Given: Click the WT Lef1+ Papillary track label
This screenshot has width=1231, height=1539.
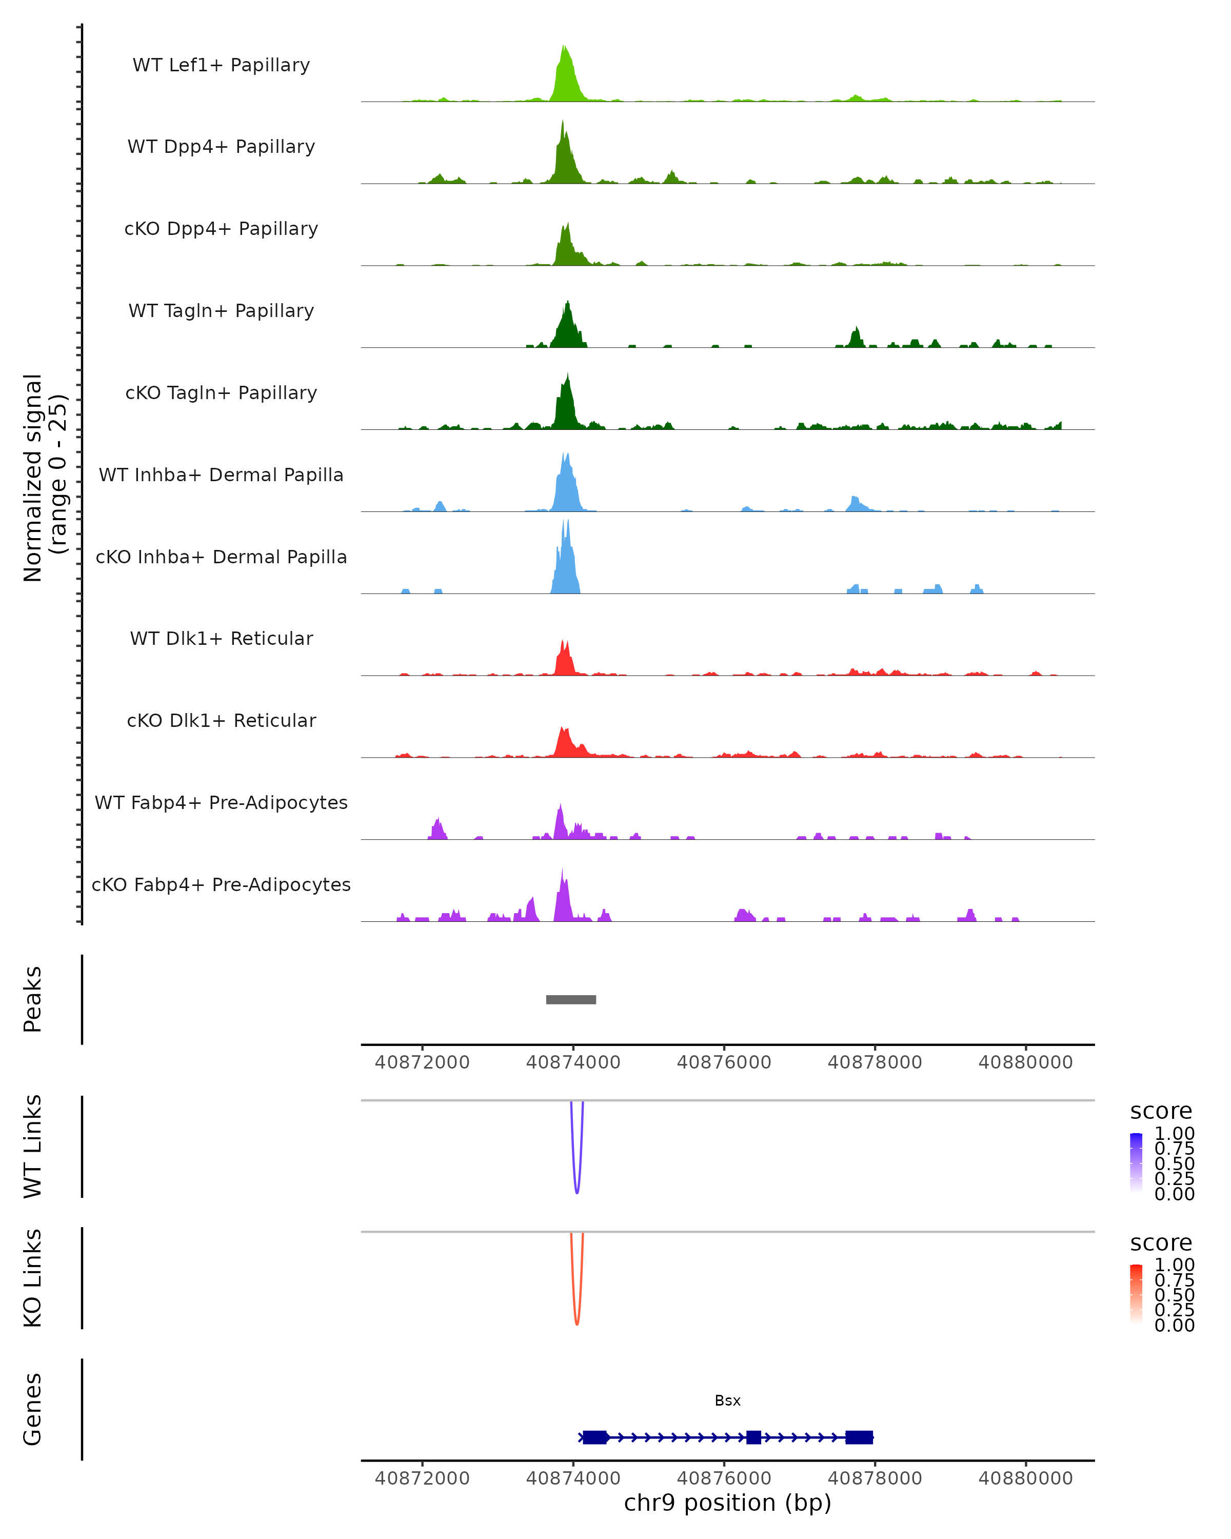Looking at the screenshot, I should [x=221, y=65].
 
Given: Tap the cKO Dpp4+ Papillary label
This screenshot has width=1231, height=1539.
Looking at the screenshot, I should [x=221, y=229].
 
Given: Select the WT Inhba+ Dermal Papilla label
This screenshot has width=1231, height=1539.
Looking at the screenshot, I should [x=221, y=476].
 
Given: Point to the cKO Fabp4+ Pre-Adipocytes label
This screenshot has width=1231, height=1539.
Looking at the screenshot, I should [x=221, y=885].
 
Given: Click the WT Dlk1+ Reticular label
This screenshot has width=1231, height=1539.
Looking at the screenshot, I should [x=221, y=639].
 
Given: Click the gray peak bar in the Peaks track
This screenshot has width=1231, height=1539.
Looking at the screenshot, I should [x=571, y=999].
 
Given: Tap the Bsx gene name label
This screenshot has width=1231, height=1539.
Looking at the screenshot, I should [x=727, y=1400].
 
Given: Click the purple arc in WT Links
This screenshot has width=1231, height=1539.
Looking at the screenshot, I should [x=577, y=1191].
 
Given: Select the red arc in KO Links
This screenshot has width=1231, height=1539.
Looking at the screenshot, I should [x=577, y=1322].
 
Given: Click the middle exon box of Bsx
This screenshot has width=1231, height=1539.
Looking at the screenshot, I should [x=753, y=1437].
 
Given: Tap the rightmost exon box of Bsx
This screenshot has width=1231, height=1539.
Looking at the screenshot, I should [x=859, y=1437].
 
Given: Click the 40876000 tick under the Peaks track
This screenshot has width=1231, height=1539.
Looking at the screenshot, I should [x=724, y=1062].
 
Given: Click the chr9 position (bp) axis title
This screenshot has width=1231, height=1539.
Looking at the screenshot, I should [x=727, y=1503].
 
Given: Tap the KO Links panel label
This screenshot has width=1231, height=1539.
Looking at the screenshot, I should [x=33, y=1278].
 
